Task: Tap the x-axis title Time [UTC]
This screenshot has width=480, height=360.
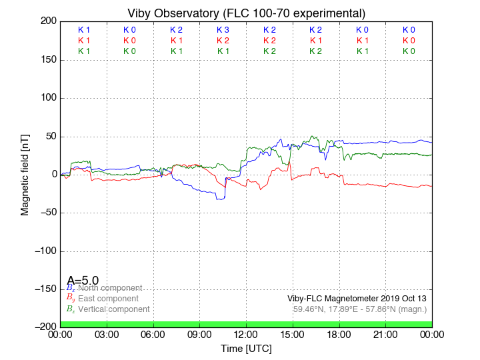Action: [x=246, y=349]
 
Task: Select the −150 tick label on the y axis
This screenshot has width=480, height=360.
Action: [x=44, y=290]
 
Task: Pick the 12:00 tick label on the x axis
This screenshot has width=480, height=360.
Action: [x=246, y=334]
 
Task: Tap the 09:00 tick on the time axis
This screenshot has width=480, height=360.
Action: [x=200, y=334]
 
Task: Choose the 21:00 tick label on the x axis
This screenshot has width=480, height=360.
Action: [x=385, y=334]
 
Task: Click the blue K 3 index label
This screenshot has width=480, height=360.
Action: [x=223, y=30]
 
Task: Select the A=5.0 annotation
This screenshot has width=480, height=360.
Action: [x=83, y=281]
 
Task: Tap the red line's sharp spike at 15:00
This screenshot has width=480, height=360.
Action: [x=291, y=161]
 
